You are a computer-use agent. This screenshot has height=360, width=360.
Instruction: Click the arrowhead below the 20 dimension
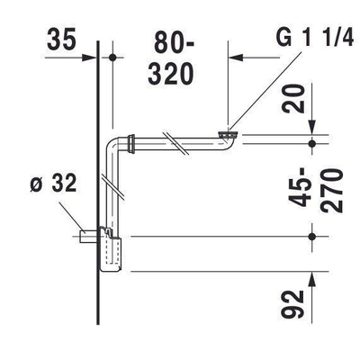coord(310,128)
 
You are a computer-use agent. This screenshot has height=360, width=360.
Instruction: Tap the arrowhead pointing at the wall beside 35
coord(90,58)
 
